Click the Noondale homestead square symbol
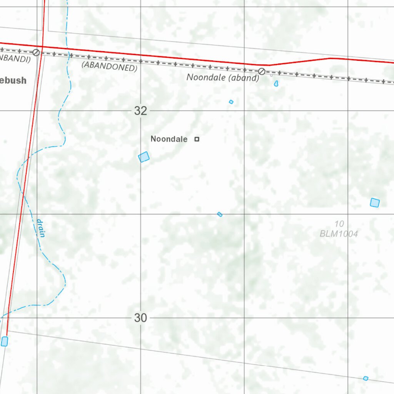pyautogui.click(x=197, y=139)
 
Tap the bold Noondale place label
pyautogui.click(x=169, y=139)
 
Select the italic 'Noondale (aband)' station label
pyautogui.click(x=223, y=77)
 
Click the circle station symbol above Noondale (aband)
pyautogui.click(x=262, y=71)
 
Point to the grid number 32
pyautogui.click(x=140, y=111)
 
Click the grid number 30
pyautogui.click(x=140, y=318)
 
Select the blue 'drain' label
pyautogui.click(x=40, y=228)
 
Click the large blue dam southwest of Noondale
pyautogui.click(x=144, y=157)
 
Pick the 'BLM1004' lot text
pyautogui.click(x=339, y=234)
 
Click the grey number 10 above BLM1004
pyautogui.click(x=339, y=224)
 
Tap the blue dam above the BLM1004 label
pyautogui.click(x=375, y=202)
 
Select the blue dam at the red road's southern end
pyautogui.click(x=5, y=341)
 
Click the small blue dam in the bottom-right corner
pyautogui.click(x=366, y=379)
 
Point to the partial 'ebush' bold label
pyautogui.click(x=13, y=80)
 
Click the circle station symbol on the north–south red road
pyautogui.click(x=36, y=52)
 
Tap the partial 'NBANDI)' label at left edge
pyautogui.click(x=15, y=58)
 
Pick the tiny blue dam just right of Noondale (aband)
pyautogui.click(x=276, y=83)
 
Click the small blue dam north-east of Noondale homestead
pyautogui.click(x=231, y=102)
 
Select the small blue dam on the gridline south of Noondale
pyautogui.click(x=220, y=214)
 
